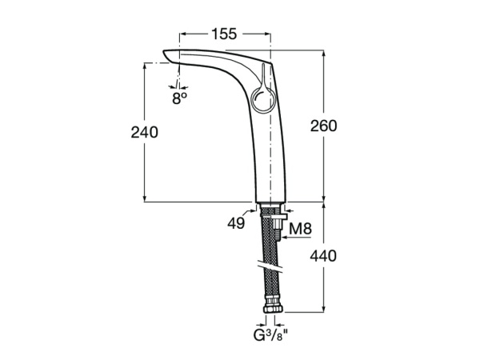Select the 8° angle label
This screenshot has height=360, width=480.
point(179,98)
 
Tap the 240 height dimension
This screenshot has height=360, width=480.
point(145,132)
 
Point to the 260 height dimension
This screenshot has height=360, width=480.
point(323,126)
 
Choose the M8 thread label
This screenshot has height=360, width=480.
point(299,230)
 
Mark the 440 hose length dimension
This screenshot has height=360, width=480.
point(323,256)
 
